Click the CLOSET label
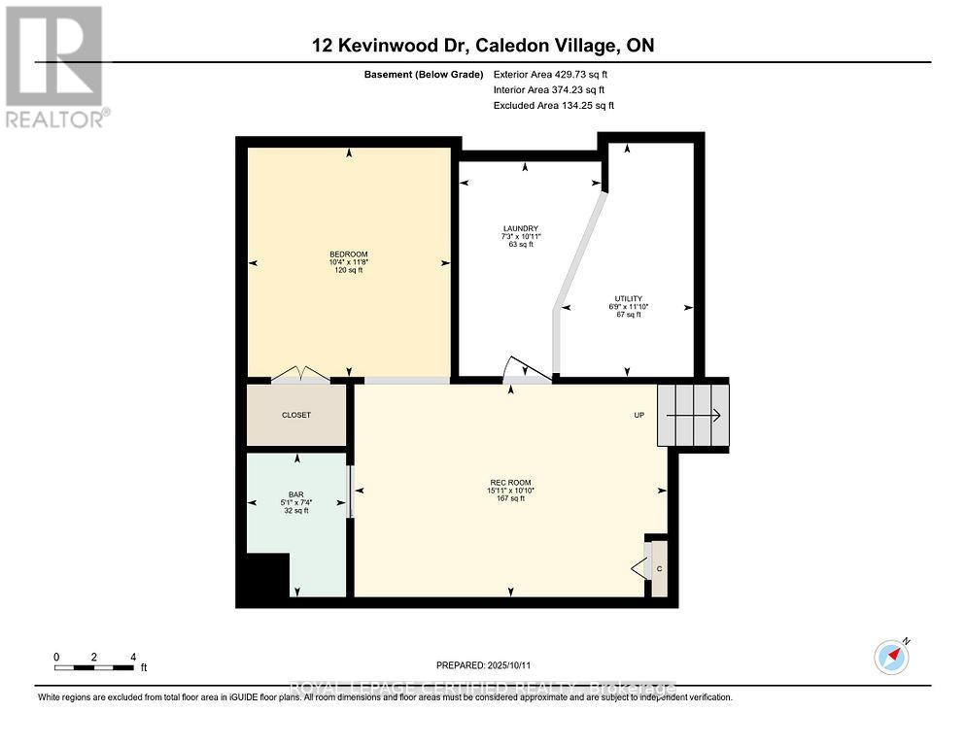tap(296, 415)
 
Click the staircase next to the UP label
tap(693, 416)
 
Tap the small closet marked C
tap(659, 567)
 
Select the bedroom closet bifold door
tap(300, 374)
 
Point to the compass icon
tap(891, 658)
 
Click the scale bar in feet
tap(94, 666)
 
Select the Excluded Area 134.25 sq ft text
tap(554, 106)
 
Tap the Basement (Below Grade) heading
tap(429, 75)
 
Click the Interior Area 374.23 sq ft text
tap(552, 90)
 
